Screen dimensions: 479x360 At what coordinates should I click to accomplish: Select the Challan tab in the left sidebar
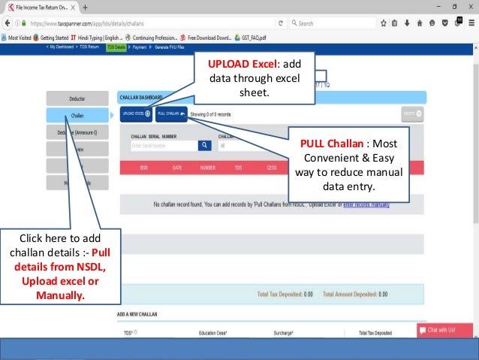(x=77, y=115)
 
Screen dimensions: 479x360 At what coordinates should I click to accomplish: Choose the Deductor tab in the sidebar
(x=77, y=98)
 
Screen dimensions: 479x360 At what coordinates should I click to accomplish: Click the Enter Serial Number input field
(x=163, y=146)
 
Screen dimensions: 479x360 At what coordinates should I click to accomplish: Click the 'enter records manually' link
(x=366, y=204)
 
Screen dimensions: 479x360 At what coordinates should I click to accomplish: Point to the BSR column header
(x=143, y=168)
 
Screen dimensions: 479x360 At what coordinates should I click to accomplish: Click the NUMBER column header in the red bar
(x=207, y=168)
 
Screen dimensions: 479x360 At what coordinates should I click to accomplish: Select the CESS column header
(x=271, y=168)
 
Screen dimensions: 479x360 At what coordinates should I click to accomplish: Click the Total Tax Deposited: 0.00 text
(x=285, y=295)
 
